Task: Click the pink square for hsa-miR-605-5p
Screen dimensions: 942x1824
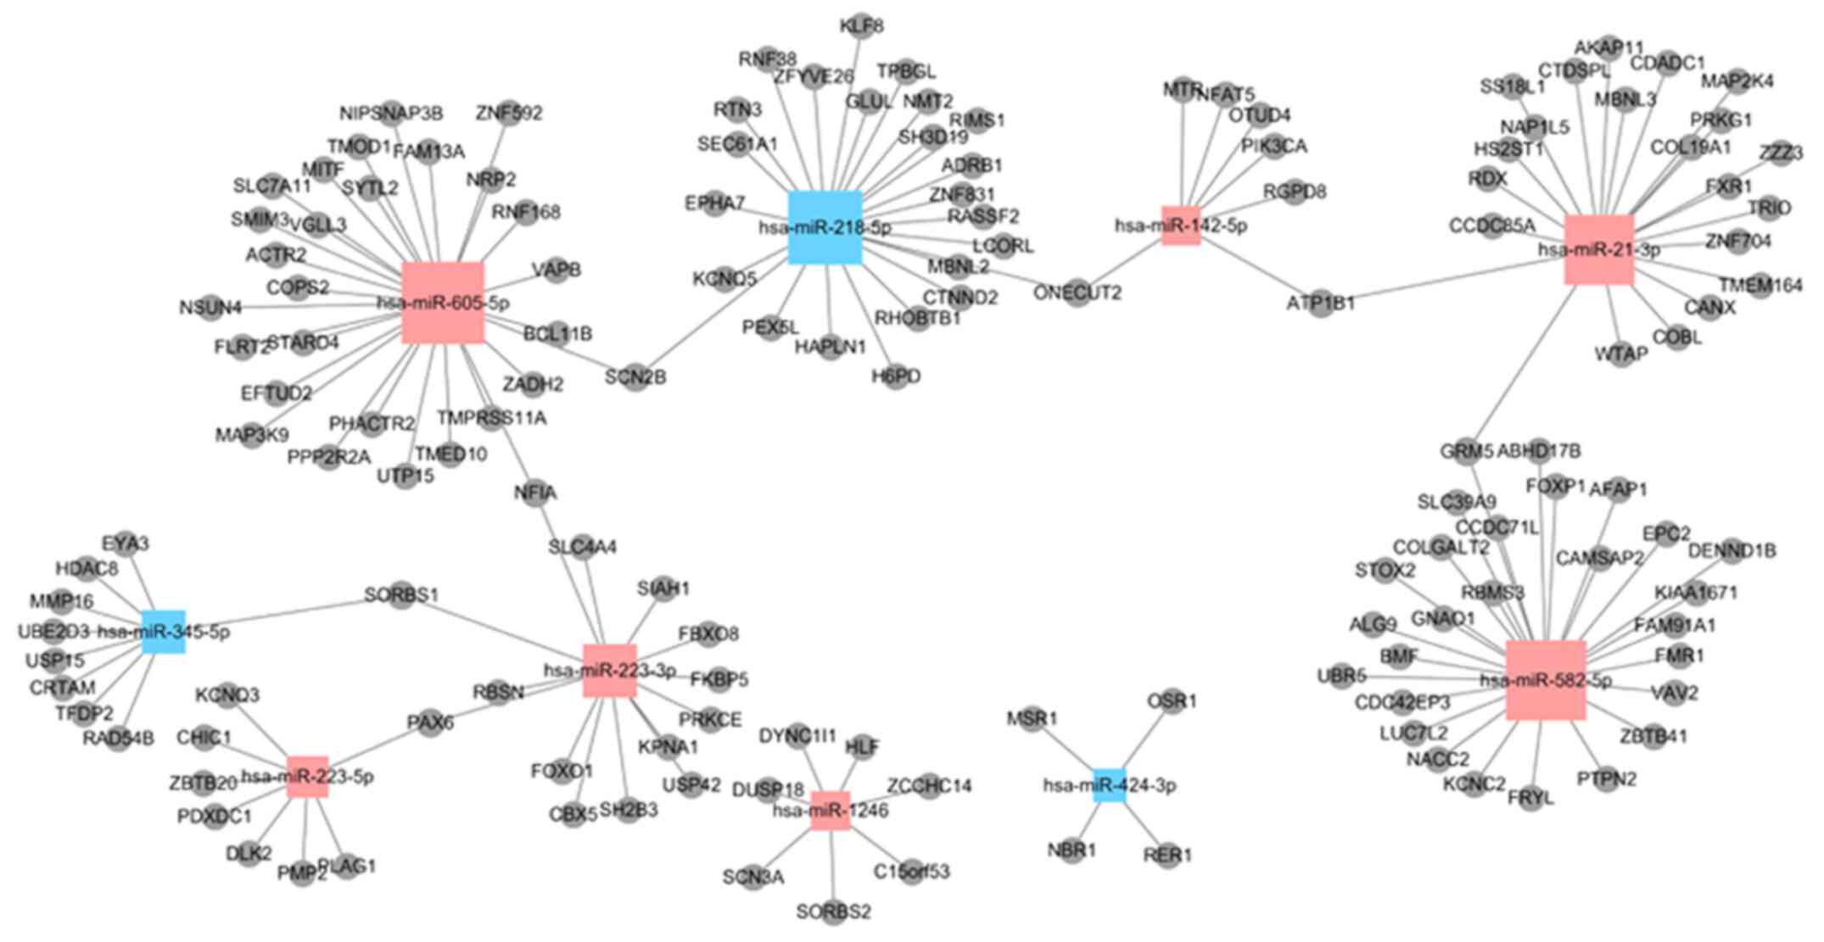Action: click(443, 303)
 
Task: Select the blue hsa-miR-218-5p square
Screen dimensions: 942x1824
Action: click(825, 227)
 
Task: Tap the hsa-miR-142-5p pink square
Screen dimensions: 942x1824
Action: click(1181, 226)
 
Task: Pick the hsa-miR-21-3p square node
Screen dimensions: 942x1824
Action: click(1598, 249)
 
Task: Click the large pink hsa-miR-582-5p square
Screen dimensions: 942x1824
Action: click(1546, 680)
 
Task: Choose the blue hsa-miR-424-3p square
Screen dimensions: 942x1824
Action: click(1109, 785)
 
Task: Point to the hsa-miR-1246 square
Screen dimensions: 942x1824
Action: click(830, 811)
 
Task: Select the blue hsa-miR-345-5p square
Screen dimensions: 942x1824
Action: click(163, 632)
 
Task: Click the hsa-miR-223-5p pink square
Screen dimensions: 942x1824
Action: click(307, 777)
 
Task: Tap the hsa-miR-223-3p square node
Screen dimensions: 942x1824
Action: click(609, 671)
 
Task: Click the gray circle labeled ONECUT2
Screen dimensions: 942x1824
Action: click(1077, 293)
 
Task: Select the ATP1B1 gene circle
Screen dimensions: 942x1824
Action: click(1321, 304)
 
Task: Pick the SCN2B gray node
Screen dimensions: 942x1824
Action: click(635, 376)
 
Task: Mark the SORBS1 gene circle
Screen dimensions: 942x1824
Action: click(401, 595)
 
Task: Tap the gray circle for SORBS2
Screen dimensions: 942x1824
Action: click(833, 912)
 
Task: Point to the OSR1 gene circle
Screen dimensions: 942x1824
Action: click(1172, 701)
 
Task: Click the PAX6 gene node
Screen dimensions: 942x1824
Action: click(430, 723)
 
